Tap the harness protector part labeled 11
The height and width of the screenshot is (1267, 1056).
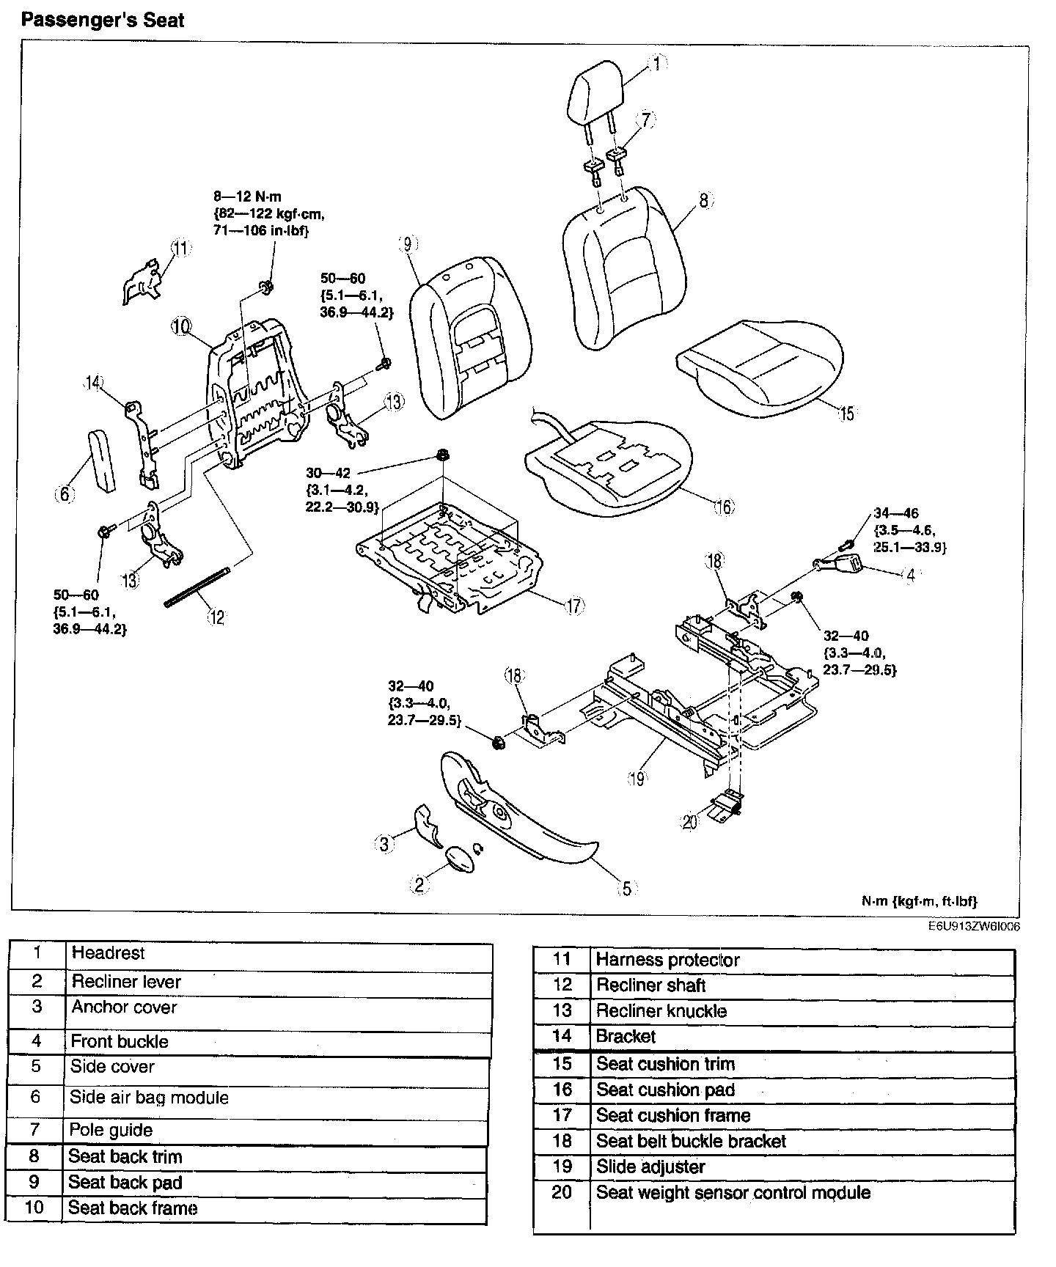pyautogui.click(x=143, y=280)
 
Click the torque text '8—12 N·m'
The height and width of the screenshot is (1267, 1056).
pyautogui.click(x=247, y=197)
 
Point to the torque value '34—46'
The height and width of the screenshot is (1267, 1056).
pyautogui.click(x=895, y=513)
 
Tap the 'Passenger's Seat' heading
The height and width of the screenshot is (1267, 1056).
pyautogui.click(x=103, y=20)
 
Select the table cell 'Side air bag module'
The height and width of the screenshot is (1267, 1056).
pyautogui.click(x=150, y=1098)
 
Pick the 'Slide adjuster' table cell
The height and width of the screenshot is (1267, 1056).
pyautogui.click(x=650, y=1167)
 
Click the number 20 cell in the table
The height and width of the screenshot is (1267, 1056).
pyautogui.click(x=562, y=1193)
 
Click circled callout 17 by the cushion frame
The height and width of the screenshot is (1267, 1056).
pyautogui.click(x=573, y=606)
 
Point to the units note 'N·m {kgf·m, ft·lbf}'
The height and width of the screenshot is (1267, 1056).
pyautogui.click(x=919, y=901)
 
